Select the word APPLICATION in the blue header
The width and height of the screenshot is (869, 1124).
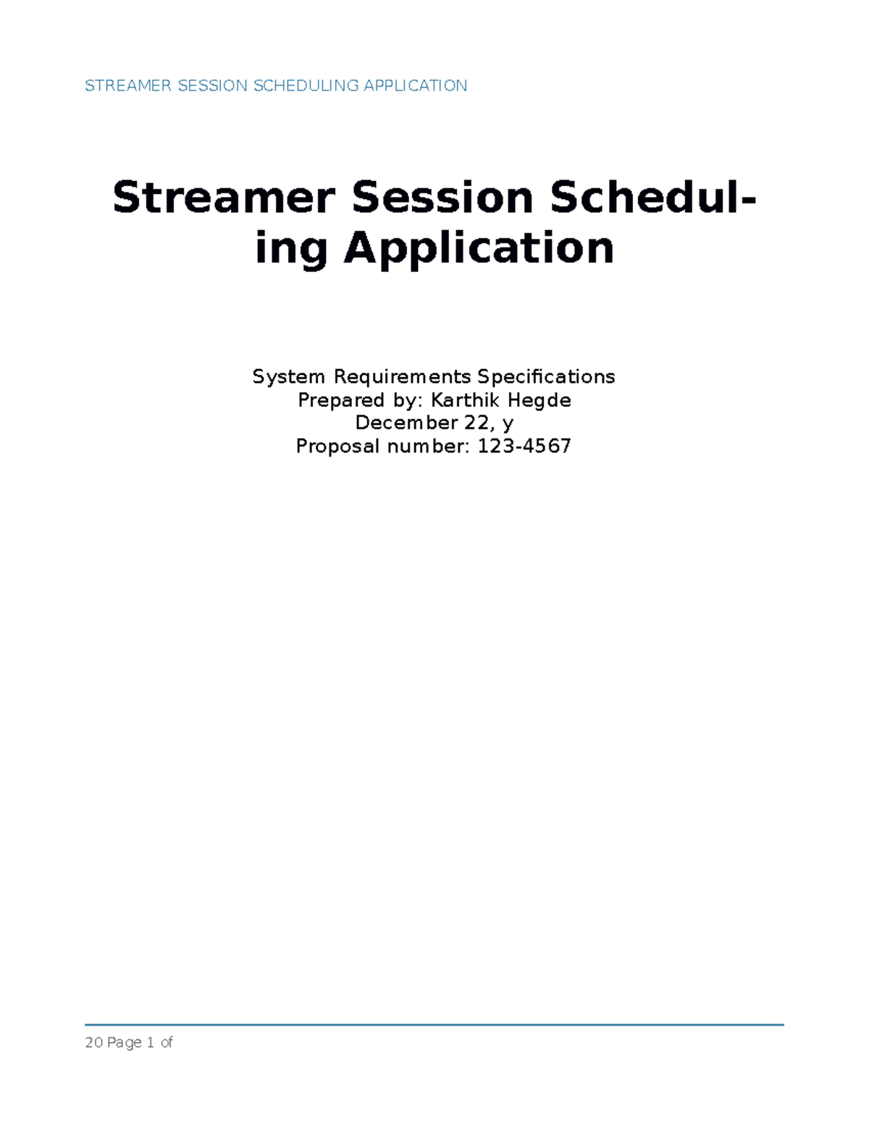(415, 86)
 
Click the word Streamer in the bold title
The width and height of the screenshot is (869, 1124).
(224, 198)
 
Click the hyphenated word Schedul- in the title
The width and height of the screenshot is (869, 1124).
(652, 198)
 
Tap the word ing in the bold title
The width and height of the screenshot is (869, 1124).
(291, 248)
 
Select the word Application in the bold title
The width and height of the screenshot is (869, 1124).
(479, 248)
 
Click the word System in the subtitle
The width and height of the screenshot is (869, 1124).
(288, 377)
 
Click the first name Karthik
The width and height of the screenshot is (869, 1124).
(463, 400)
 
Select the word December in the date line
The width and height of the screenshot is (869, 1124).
(396, 423)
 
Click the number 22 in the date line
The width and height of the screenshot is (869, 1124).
(478, 423)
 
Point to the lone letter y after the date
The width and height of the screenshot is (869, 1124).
(508, 424)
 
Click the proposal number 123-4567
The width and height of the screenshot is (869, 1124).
(524, 446)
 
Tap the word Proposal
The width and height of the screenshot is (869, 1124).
(337, 446)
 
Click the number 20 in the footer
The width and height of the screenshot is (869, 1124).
(93, 1043)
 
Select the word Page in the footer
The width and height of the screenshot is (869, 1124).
(125, 1043)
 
